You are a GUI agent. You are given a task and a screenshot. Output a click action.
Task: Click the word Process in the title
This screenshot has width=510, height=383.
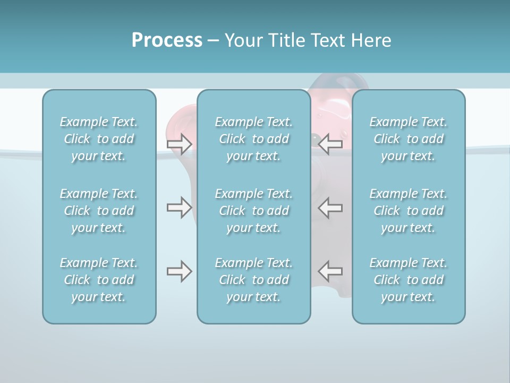click(167, 40)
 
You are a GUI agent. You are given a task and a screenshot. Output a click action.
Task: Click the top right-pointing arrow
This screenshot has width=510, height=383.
click(180, 144)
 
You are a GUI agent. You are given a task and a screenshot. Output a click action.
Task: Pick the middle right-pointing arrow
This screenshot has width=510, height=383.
click(180, 207)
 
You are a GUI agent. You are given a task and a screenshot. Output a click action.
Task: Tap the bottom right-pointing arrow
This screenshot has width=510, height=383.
click(180, 271)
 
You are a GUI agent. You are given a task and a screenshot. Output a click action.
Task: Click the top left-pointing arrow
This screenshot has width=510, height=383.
click(330, 144)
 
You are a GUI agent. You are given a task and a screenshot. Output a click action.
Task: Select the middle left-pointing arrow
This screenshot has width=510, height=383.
click(330, 207)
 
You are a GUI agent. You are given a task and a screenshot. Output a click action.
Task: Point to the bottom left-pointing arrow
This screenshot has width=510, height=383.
click(330, 271)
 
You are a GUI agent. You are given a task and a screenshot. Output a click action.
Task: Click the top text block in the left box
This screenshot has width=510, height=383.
click(99, 139)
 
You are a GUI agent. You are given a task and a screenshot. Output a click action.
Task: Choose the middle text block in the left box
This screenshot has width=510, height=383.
click(99, 211)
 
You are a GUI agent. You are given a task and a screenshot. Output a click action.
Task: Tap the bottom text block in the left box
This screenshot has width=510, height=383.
click(99, 280)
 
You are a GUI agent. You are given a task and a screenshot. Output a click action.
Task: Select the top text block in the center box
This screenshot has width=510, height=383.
click(253, 139)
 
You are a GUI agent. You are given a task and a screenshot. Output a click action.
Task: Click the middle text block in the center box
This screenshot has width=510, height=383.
click(253, 211)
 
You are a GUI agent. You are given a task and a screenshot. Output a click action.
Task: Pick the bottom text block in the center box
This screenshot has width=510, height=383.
click(253, 280)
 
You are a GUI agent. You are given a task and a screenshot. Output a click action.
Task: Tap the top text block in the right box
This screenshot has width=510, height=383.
click(408, 139)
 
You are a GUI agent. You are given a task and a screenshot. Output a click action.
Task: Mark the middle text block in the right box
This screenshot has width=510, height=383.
click(408, 211)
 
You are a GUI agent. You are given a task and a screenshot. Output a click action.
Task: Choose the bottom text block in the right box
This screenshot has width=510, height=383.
click(408, 280)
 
